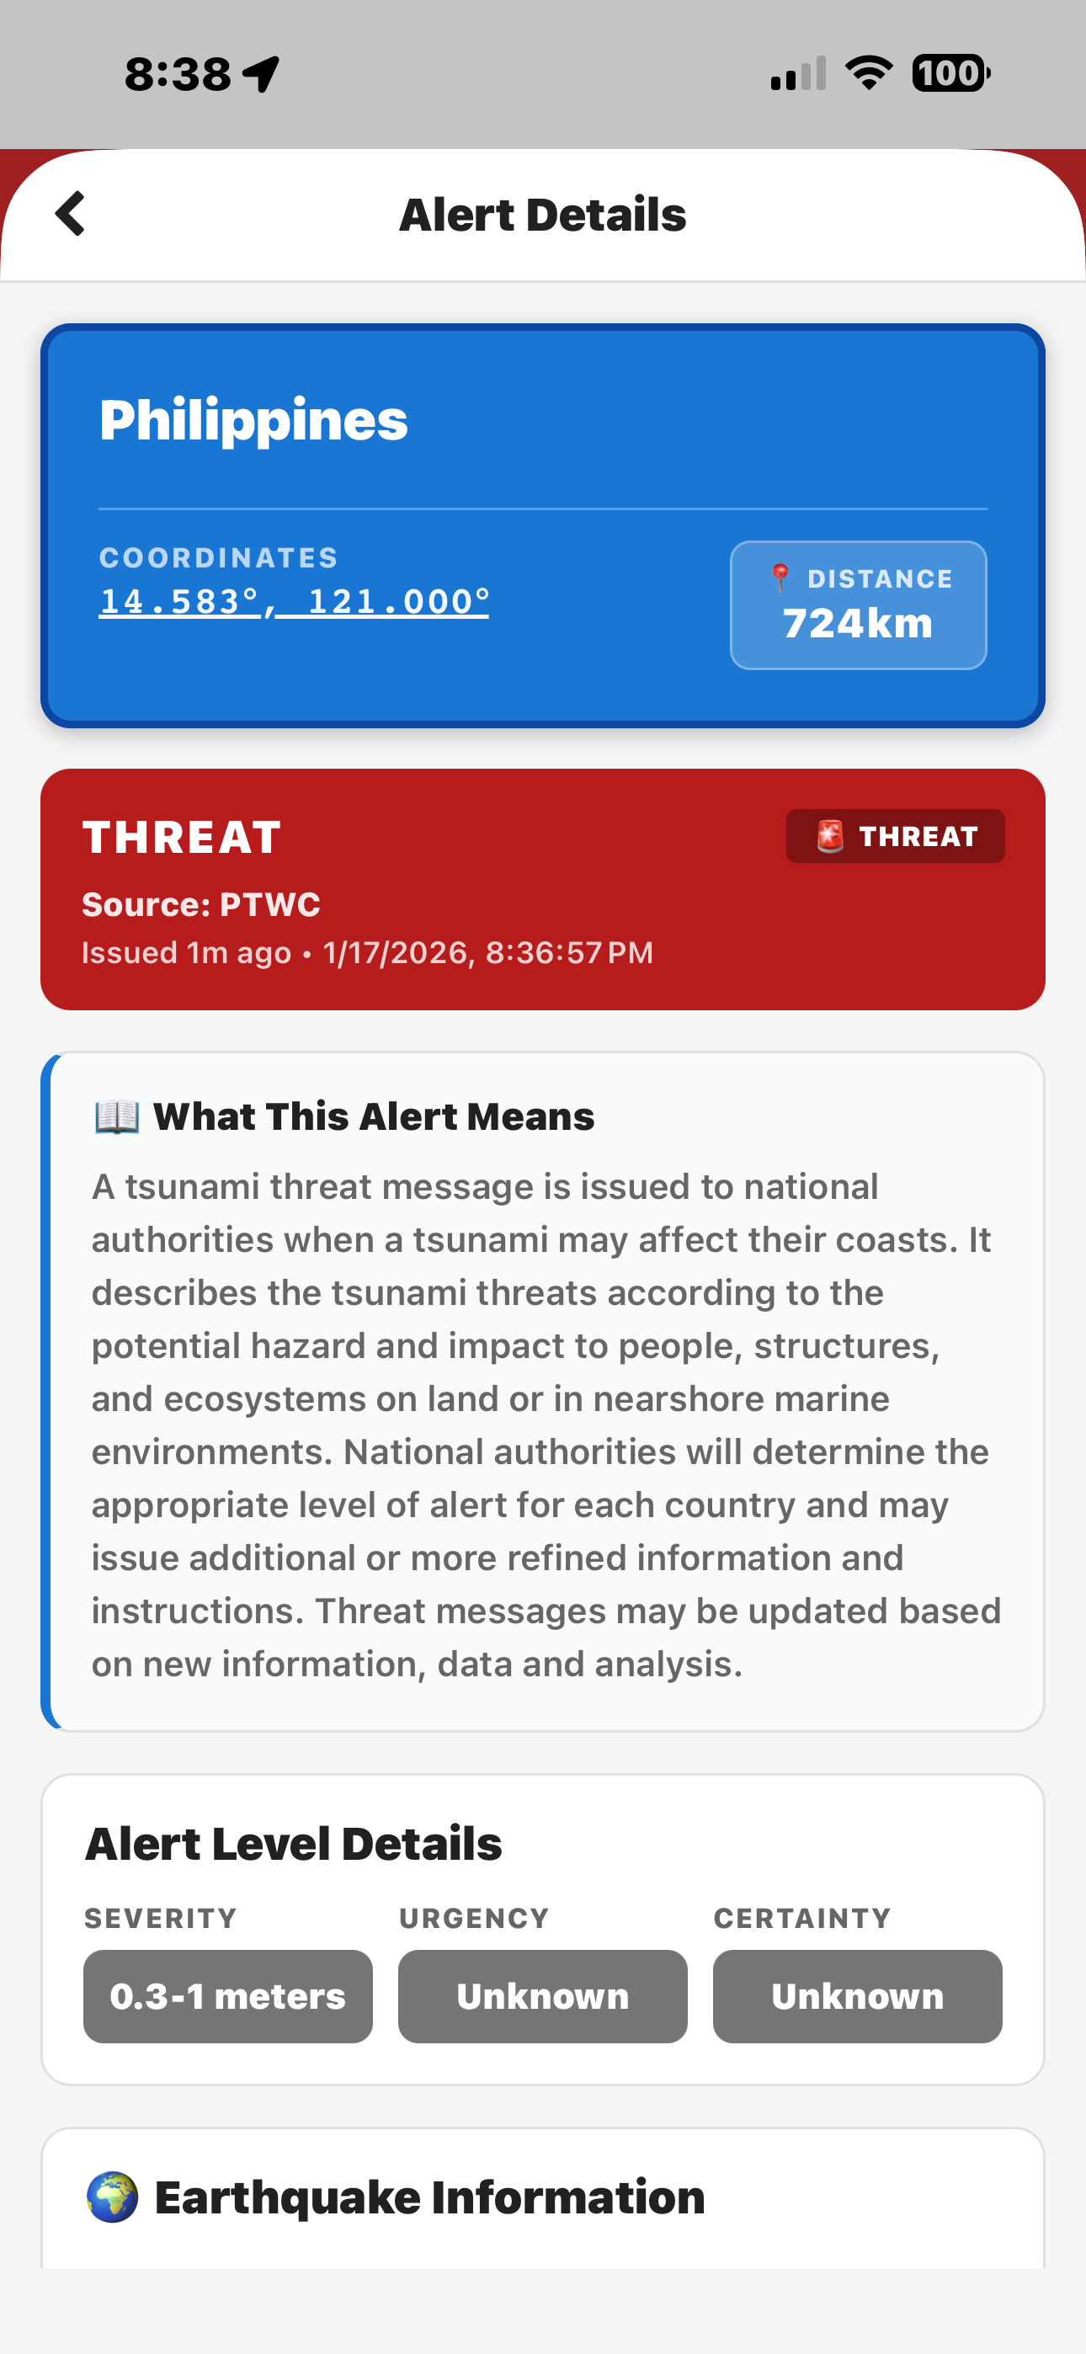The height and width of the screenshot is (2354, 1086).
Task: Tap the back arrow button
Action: (x=71, y=214)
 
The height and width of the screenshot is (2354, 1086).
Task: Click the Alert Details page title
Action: (x=542, y=216)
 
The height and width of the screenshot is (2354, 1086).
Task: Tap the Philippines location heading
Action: (x=253, y=420)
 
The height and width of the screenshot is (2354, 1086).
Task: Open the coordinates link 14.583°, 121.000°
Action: (x=294, y=601)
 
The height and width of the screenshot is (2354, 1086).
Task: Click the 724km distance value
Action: (x=858, y=623)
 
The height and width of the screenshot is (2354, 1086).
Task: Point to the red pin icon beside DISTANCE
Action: (x=780, y=578)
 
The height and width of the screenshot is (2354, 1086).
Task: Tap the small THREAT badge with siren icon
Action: (x=895, y=836)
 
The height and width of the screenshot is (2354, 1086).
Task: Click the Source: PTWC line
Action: (x=201, y=905)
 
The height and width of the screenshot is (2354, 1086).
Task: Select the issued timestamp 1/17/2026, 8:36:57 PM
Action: (x=487, y=953)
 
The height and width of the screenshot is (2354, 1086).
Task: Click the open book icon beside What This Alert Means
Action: (x=117, y=1116)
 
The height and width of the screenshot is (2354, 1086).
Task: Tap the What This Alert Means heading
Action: (x=373, y=1116)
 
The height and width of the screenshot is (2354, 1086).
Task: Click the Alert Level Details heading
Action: (x=294, y=1844)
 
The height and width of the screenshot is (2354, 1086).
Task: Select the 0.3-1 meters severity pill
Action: (x=227, y=1997)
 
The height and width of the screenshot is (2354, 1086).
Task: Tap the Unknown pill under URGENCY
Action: (x=542, y=1997)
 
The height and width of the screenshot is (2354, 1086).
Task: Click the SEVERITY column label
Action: (x=161, y=1918)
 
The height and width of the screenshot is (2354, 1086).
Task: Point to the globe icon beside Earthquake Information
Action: (x=113, y=2197)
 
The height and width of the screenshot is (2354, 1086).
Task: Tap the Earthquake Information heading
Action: (x=429, y=2197)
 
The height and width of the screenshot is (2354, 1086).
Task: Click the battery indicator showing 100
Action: (x=950, y=73)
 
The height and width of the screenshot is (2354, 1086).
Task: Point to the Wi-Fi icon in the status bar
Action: (x=869, y=73)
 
